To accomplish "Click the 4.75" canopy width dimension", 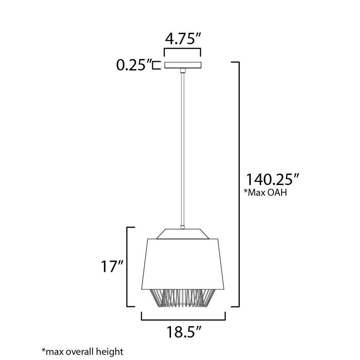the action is pyautogui.click(x=183, y=39).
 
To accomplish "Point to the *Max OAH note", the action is pyautogui.click(x=266, y=192).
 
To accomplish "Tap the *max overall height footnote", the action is pyautogui.click(x=82, y=351).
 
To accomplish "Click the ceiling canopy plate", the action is pyautogui.click(x=183, y=65).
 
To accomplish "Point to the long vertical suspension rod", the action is pyautogui.click(x=183, y=149).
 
